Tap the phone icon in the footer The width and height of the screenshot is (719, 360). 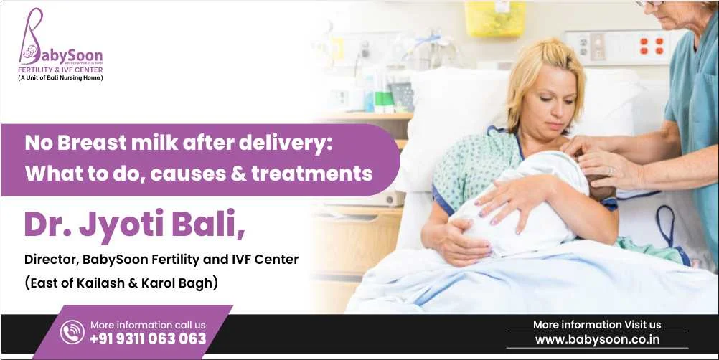pyautogui.click(x=72, y=332)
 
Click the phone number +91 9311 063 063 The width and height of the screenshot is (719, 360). pyautogui.click(x=148, y=338)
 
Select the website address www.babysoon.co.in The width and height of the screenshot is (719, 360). pyautogui.click(x=597, y=339)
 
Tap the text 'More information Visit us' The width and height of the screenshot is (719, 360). pyautogui.click(x=597, y=325)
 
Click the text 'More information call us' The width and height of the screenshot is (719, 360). pyautogui.click(x=147, y=325)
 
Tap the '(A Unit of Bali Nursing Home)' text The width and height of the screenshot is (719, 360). pyautogui.click(x=60, y=77)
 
